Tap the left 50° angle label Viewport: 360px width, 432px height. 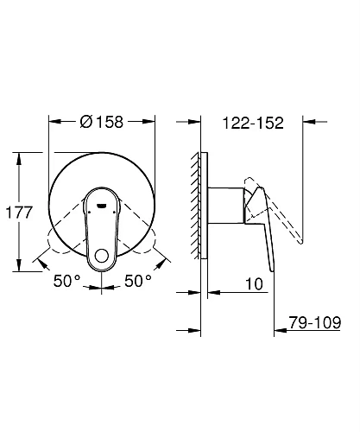[66, 281]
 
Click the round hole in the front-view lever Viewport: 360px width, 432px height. [104, 257]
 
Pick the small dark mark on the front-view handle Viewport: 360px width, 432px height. [104, 206]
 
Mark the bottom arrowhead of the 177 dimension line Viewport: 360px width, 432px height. [16, 265]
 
